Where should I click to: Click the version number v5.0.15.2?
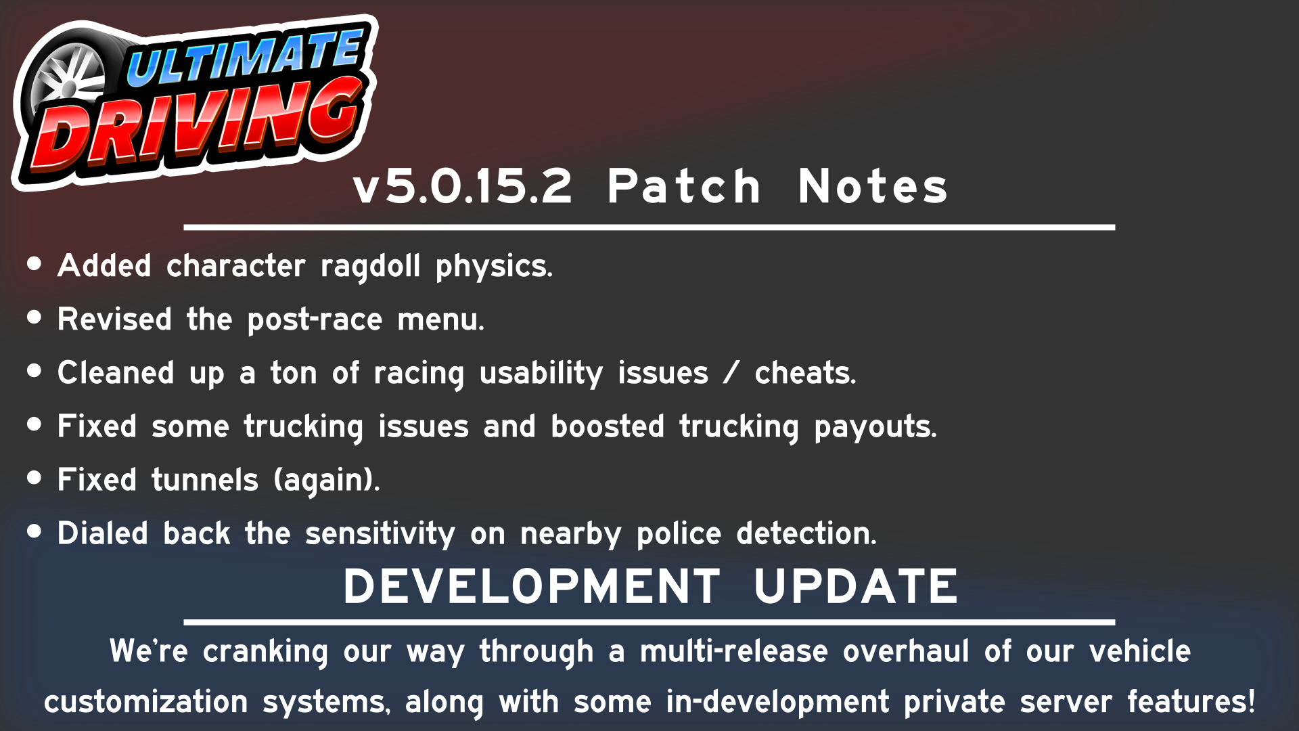pos(463,187)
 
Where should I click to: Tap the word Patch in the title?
pos(684,187)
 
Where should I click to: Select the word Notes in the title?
pos(873,187)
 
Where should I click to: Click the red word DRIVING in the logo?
pos(196,125)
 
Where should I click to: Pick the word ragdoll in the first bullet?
pos(370,266)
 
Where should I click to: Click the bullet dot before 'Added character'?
pos(35,264)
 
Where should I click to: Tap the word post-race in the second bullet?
pos(315,319)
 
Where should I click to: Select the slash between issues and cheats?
pos(731,373)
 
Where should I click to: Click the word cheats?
pos(805,373)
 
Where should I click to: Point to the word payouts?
pos(875,427)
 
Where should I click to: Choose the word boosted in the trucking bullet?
pos(607,426)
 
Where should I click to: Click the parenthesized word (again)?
pos(326,481)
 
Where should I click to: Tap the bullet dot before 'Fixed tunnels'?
pos(35,478)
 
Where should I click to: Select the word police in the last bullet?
pos(679,534)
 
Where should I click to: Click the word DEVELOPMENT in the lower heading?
pos(532,586)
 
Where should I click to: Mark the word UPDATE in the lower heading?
pos(856,586)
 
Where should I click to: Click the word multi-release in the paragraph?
pos(733,651)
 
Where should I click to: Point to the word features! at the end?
pos(1191,702)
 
